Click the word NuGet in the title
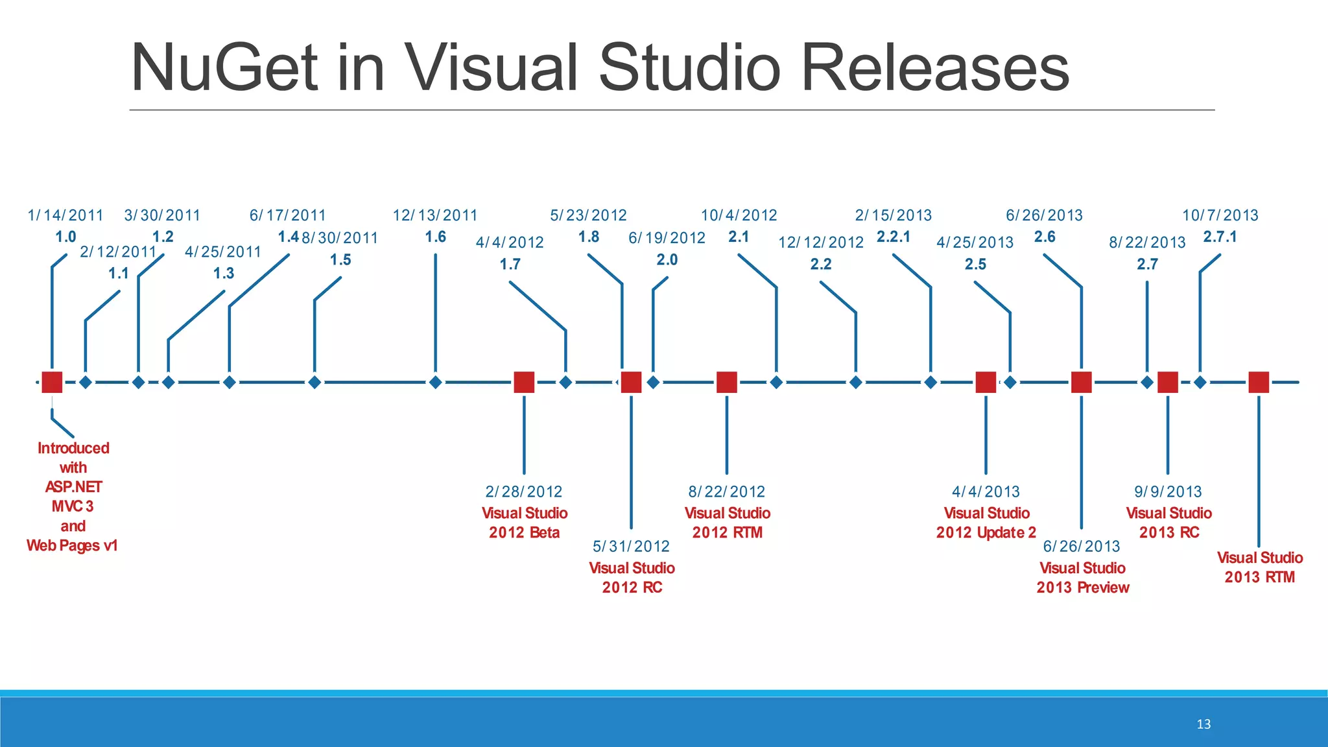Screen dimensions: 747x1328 point(224,68)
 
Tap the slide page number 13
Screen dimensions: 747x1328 point(1203,724)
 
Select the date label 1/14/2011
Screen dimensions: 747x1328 point(65,215)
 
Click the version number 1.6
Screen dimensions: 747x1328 point(436,237)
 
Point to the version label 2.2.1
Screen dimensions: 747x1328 point(894,237)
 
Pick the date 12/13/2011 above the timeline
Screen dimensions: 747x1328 point(435,215)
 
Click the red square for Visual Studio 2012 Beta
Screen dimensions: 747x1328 point(524,383)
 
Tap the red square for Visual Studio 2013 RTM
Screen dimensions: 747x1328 point(1259,383)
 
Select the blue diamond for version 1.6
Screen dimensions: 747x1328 point(436,383)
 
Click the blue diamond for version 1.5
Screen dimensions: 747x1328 point(314,383)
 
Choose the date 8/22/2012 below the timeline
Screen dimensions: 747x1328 point(727,492)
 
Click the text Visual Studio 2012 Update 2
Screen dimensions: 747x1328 point(986,523)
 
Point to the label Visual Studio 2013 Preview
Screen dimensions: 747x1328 point(1082,578)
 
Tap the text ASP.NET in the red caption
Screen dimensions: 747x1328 point(73,487)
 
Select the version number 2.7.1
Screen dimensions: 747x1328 point(1220,237)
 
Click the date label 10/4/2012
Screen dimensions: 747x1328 point(739,215)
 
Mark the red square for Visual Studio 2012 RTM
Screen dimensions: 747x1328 point(727,383)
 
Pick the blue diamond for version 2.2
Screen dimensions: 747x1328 point(856,383)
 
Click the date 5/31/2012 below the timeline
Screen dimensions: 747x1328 point(631,547)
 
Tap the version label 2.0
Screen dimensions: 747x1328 point(667,260)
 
